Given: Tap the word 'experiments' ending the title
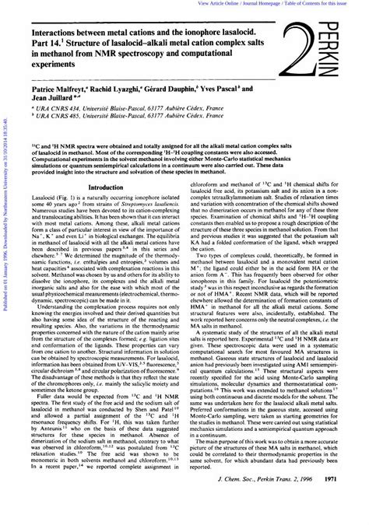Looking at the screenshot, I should point(51,70).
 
